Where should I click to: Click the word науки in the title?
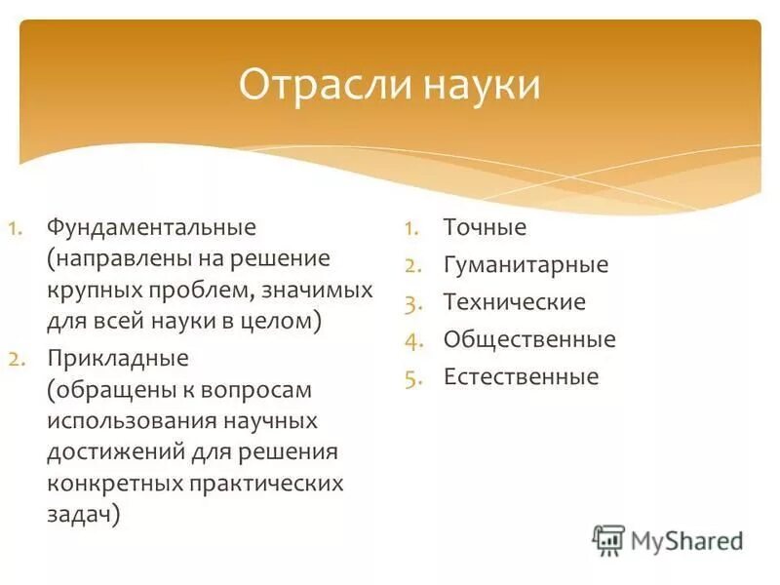click(x=482, y=85)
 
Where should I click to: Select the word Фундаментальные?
click(x=150, y=227)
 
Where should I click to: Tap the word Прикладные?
click(x=117, y=357)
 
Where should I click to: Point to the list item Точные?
click(x=485, y=227)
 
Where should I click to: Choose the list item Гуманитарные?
click(x=526, y=264)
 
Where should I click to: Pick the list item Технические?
click(x=514, y=301)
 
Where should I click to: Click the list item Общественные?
click(x=529, y=339)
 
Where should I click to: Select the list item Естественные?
click(x=521, y=376)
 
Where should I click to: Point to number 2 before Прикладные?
click(x=17, y=358)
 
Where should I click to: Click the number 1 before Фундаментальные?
click(x=16, y=228)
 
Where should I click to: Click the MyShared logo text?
click(x=686, y=539)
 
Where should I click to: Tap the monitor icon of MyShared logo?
click(x=609, y=540)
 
